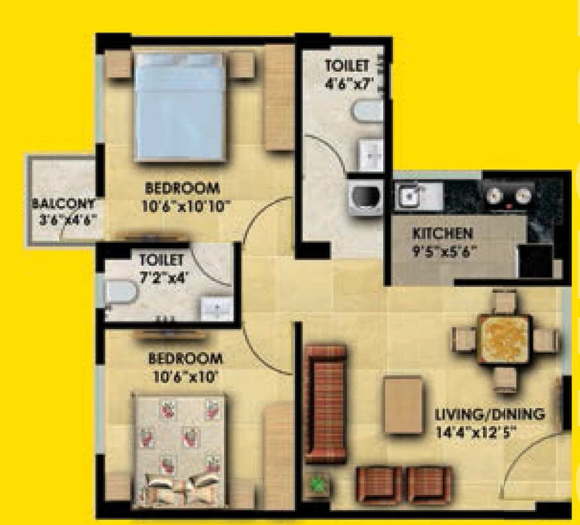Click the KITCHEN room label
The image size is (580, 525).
[x=442, y=234]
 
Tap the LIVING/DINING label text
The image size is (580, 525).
[x=490, y=413]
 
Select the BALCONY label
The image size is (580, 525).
[x=63, y=204]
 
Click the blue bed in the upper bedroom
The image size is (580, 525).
[x=180, y=107]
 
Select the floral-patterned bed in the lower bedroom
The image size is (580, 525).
[x=179, y=450]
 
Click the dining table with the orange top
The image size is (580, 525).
[x=504, y=338]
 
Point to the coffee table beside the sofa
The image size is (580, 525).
[x=403, y=405]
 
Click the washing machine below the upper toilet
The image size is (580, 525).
[x=366, y=198]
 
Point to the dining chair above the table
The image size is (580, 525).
[x=504, y=302]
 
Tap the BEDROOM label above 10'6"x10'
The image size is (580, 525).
[x=185, y=358]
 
